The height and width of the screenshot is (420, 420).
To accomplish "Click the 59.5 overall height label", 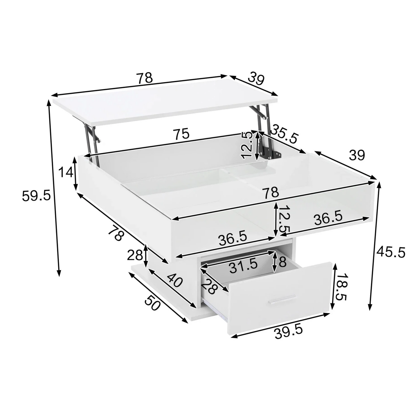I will [36, 196].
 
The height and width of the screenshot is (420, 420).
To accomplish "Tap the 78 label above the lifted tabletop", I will [144, 78].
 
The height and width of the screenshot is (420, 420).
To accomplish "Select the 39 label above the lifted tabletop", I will [256, 79].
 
